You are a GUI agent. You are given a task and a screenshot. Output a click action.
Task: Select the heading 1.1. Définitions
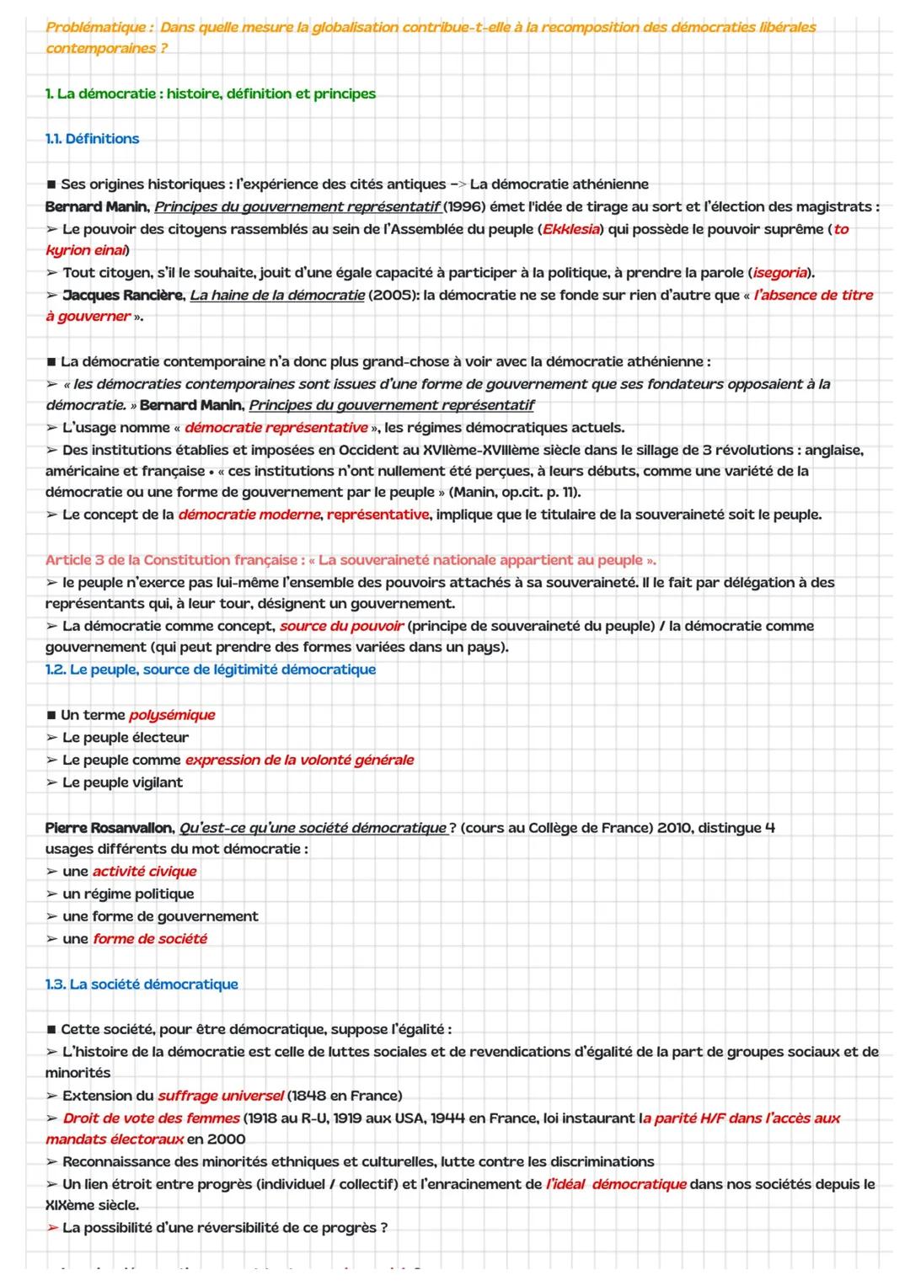click(x=92, y=139)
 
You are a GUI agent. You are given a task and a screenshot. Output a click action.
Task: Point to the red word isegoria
click(x=780, y=273)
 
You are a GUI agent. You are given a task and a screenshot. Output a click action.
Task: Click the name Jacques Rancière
click(x=122, y=296)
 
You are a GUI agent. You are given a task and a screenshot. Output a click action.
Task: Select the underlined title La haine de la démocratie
click(x=277, y=296)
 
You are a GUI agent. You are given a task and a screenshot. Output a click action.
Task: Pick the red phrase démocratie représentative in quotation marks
click(x=276, y=428)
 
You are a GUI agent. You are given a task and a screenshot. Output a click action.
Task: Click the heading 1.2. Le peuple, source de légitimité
click(x=211, y=670)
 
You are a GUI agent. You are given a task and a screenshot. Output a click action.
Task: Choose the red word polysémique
click(x=172, y=715)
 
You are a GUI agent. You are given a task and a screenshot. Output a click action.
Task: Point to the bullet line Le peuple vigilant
click(x=122, y=782)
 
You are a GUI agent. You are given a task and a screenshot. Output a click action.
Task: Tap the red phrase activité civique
click(x=144, y=872)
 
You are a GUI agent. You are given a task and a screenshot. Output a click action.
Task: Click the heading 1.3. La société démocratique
click(x=142, y=985)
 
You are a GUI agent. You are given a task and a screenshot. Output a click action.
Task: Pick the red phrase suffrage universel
click(x=221, y=1096)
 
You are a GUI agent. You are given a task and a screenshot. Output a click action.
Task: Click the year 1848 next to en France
click(x=309, y=1096)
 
